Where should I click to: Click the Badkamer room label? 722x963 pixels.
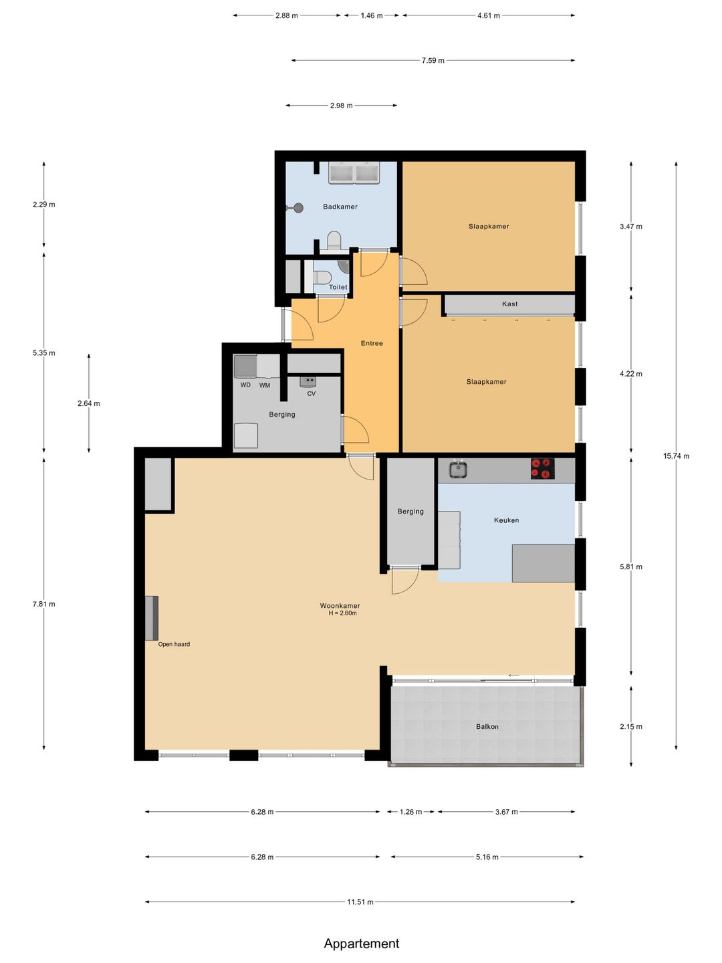[340, 207]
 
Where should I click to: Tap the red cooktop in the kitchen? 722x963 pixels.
[542, 468]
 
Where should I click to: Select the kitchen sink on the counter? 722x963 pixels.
[458, 469]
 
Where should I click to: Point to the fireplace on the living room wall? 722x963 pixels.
[152, 618]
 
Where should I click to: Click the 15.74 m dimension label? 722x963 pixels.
[676, 456]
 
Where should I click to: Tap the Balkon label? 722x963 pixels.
[487, 726]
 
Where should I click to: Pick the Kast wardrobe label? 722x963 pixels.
[510, 304]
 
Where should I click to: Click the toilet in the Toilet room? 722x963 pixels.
[322, 278]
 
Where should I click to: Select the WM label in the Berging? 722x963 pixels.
[264, 385]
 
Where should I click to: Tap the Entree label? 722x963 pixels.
[372, 343]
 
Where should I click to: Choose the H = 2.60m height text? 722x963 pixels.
[343, 613]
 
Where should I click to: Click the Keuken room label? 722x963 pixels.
[506, 520]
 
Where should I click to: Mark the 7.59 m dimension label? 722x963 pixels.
[433, 61]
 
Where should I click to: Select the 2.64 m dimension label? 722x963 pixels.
[88, 403]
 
